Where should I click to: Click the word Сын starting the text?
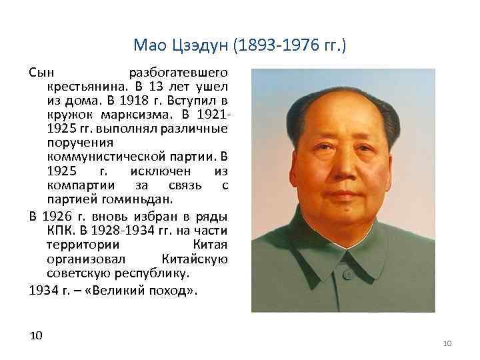[x=41, y=71]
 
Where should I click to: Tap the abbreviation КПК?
[x=59, y=230]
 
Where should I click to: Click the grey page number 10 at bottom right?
[x=447, y=343]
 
